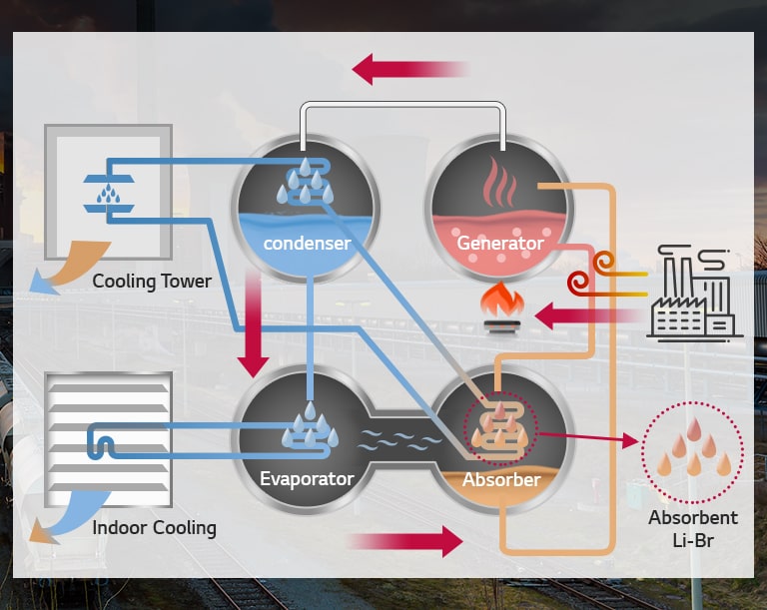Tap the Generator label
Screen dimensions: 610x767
[499, 243]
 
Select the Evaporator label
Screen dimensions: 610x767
[307, 478]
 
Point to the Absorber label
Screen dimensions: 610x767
[501, 480]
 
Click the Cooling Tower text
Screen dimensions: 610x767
[152, 281]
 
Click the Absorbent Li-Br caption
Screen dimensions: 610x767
[693, 527]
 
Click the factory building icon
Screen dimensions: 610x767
[692, 293]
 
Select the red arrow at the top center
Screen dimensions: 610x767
[409, 70]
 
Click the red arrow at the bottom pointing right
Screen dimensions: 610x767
[404, 542]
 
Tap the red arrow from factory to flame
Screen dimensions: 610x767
[584, 316]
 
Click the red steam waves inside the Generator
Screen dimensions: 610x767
[500, 183]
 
